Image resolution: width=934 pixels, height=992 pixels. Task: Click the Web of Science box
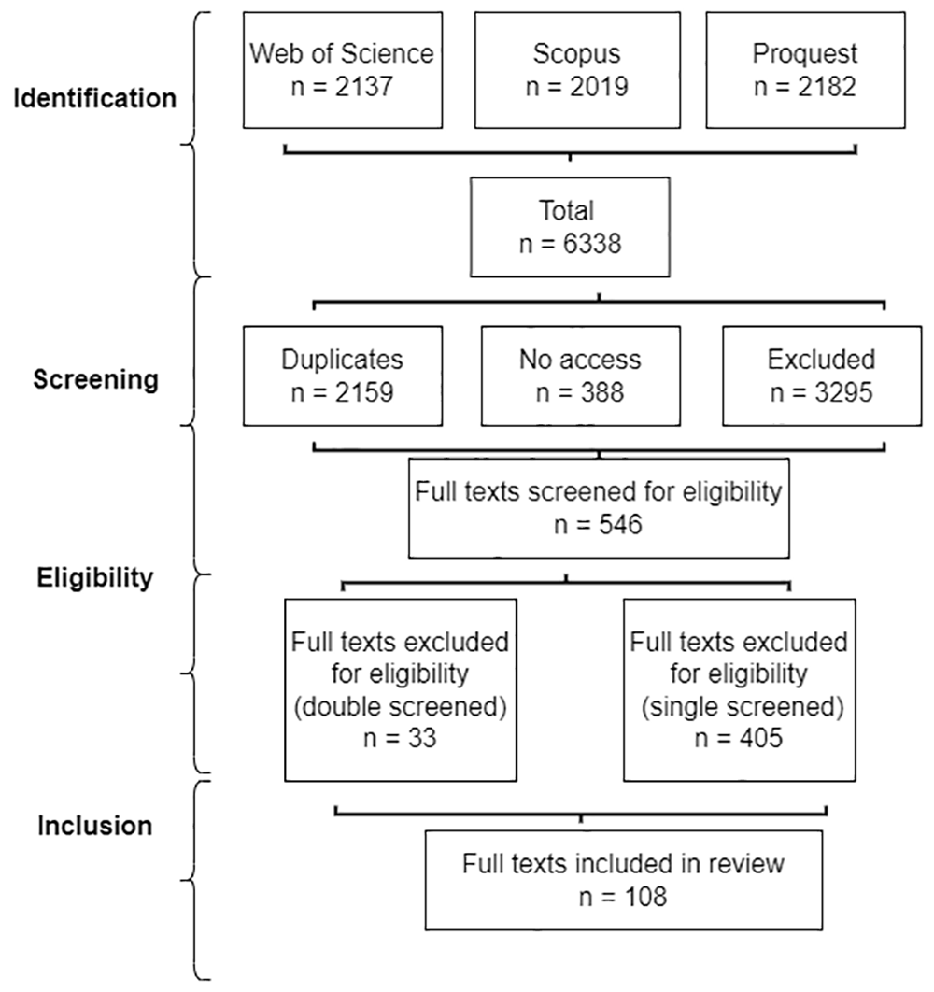click(343, 70)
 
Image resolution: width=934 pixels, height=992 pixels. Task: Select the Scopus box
click(577, 70)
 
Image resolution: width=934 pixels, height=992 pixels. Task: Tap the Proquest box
click(805, 70)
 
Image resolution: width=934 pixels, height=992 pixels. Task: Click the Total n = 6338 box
click(570, 226)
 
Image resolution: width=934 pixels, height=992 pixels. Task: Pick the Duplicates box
click(343, 376)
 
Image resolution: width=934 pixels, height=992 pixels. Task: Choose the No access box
click(580, 376)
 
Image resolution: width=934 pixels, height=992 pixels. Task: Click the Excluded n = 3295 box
click(821, 376)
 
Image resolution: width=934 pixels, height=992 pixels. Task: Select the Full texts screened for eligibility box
click(599, 508)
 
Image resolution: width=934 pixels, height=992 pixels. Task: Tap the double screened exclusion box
click(401, 690)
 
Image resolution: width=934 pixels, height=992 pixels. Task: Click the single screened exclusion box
click(739, 690)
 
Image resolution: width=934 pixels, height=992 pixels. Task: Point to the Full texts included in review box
click(623, 880)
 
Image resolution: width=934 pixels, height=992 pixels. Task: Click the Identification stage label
click(95, 99)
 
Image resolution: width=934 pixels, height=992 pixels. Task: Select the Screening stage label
click(95, 379)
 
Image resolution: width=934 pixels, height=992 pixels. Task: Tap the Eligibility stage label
click(95, 577)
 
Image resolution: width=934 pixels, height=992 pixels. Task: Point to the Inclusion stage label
click(95, 826)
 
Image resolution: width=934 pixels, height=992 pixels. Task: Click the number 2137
click(364, 87)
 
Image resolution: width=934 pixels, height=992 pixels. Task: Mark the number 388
click(602, 392)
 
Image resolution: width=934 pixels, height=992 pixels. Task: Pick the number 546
click(621, 524)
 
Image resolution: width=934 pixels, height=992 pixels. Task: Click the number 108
click(645, 897)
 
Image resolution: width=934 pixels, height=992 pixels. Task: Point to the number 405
click(760, 738)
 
